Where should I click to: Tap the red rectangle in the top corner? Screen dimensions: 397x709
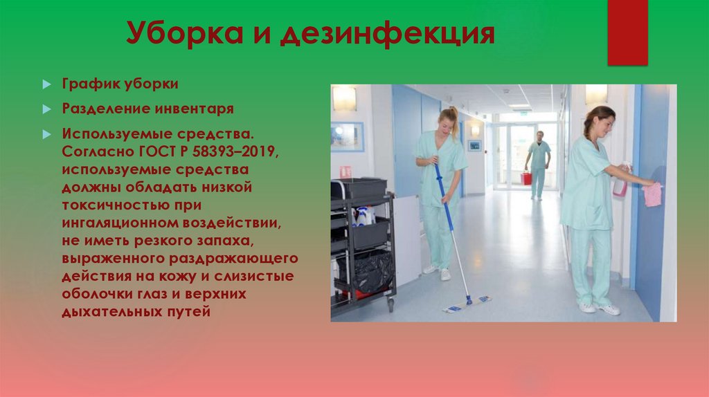point(627,32)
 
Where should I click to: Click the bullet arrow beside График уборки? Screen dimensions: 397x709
point(46,84)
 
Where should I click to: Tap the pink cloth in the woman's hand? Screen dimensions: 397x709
point(652,194)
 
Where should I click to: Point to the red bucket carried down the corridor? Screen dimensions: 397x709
point(526,178)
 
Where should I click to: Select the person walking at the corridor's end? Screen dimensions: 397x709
point(538,163)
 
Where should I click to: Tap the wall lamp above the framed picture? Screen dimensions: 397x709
point(344,98)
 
